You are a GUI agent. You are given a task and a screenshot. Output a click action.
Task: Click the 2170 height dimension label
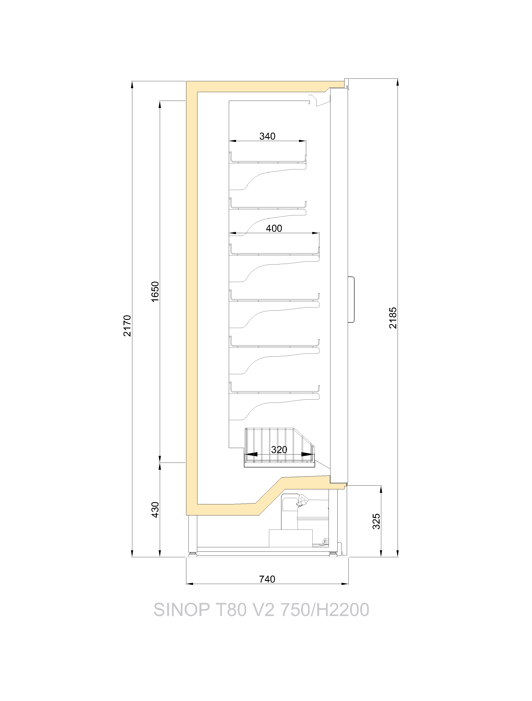tap(127, 326)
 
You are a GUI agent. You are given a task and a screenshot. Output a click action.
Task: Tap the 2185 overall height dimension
tap(393, 318)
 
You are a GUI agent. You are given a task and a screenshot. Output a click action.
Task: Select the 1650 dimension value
tap(155, 292)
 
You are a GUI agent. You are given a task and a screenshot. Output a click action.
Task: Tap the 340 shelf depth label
tap(267, 136)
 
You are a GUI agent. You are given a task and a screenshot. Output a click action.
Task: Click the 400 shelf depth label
tap(274, 228)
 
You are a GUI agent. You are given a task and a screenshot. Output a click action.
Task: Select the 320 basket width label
tap(279, 449)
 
